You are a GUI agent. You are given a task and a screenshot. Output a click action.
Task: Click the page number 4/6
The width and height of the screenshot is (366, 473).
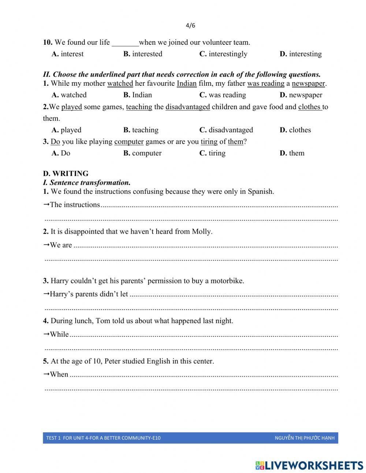(x=190, y=26)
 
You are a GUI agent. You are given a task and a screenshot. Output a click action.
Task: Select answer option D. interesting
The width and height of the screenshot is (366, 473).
(x=300, y=54)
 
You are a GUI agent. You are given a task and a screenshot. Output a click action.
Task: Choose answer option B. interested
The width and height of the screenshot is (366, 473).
(x=143, y=54)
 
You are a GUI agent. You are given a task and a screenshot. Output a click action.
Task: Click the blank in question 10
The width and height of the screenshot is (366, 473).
(x=125, y=43)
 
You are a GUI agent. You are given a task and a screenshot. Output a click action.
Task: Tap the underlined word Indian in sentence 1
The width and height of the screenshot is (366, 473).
(x=187, y=84)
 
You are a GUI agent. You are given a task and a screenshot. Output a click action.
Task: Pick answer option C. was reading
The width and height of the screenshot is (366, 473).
(x=223, y=95)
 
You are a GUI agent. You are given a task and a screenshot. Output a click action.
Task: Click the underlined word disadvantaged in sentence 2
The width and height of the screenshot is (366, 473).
(x=187, y=107)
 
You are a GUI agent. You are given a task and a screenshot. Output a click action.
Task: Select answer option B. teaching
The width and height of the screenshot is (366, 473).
(x=141, y=130)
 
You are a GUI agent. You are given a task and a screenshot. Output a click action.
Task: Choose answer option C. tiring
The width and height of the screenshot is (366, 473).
(x=212, y=153)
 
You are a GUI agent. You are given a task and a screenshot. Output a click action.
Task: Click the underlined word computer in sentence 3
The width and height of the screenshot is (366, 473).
(x=129, y=142)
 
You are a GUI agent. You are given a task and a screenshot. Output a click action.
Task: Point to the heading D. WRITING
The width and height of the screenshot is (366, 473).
(x=66, y=174)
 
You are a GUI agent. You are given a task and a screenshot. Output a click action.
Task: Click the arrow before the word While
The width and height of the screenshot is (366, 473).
(x=46, y=334)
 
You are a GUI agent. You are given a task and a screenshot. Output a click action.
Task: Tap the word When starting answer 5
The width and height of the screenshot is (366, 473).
(x=59, y=374)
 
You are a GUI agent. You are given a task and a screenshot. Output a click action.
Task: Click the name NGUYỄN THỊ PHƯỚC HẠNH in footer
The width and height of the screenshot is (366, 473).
(x=305, y=438)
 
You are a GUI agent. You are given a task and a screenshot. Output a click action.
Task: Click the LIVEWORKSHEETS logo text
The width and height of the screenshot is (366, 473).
(x=314, y=465)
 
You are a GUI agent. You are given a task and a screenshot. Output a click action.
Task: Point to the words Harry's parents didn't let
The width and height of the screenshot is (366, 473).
(x=89, y=294)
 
